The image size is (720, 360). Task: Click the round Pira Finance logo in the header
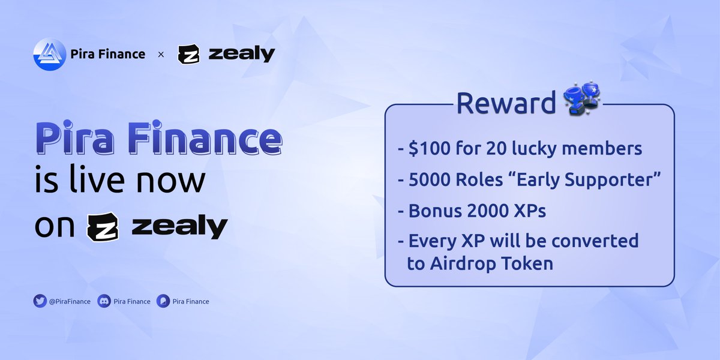pyautogui.click(x=49, y=54)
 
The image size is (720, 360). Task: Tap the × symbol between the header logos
pyautogui.click(x=161, y=55)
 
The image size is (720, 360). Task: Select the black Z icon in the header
pyautogui.click(x=189, y=54)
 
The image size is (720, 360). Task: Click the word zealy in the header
pyautogui.click(x=242, y=54)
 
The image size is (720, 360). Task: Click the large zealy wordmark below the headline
pyautogui.click(x=179, y=228)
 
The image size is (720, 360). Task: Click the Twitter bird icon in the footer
pyautogui.click(x=40, y=301)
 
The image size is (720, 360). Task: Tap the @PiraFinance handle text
pyautogui.click(x=70, y=301)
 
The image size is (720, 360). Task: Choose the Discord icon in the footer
pyautogui.click(x=103, y=301)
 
